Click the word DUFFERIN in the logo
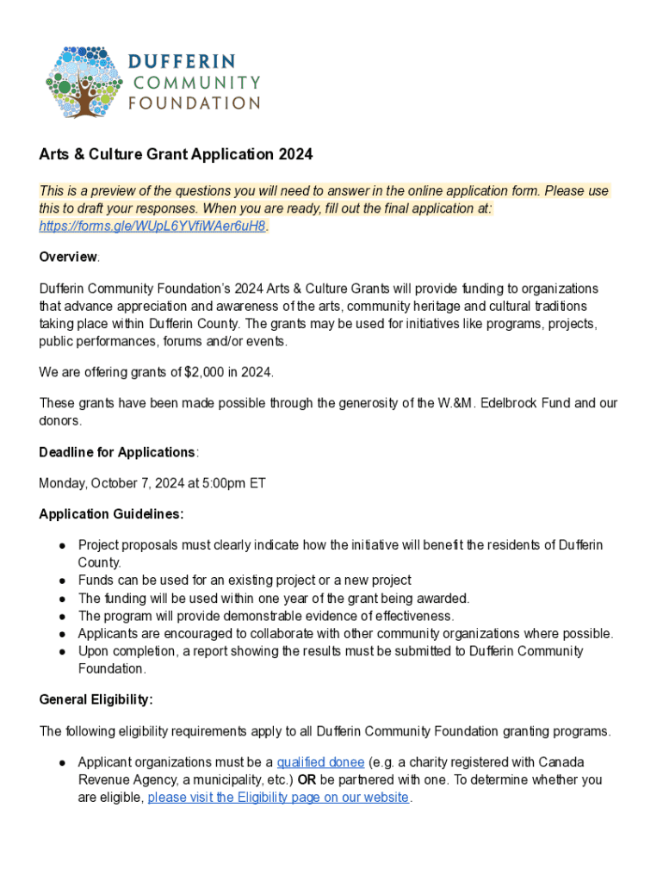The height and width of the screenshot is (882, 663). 183,63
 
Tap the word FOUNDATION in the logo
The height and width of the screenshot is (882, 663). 194,103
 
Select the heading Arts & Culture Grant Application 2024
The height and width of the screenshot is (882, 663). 176,155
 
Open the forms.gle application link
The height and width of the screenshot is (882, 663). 152,227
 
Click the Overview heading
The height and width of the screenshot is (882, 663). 69,258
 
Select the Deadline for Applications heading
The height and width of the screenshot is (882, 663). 117,452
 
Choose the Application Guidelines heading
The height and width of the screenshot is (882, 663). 111,514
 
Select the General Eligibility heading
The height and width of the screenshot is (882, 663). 96,699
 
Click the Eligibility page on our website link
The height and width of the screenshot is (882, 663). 278,798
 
